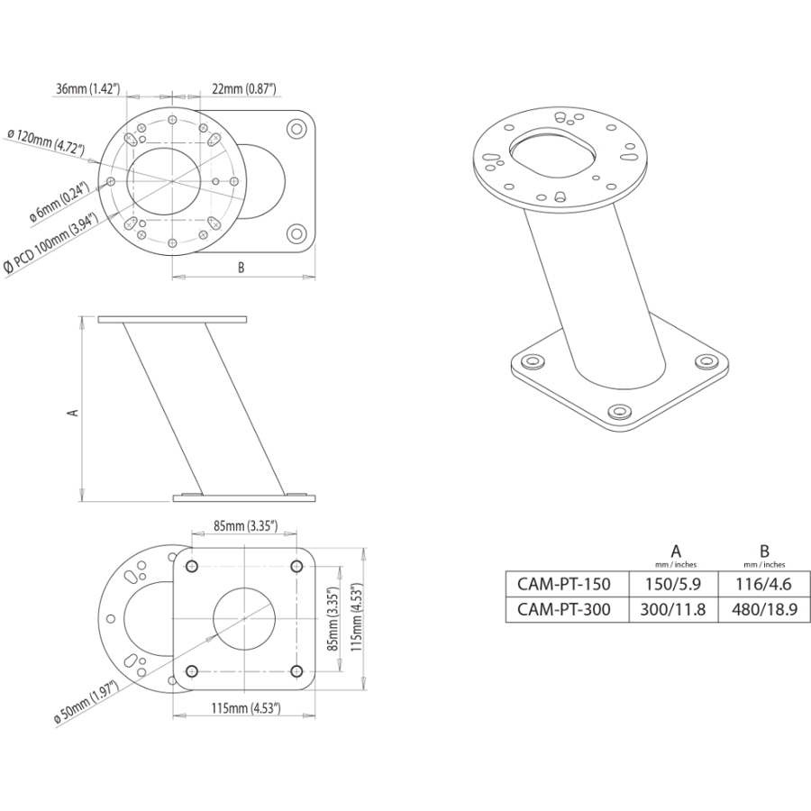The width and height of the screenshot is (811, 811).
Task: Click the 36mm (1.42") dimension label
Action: click(87, 88)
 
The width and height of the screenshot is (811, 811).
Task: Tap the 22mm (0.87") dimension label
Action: click(243, 88)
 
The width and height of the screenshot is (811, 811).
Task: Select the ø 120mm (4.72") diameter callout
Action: click(46, 145)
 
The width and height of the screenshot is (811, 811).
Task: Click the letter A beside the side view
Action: click(74, 410)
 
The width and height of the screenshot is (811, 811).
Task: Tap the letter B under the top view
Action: click(241, 268)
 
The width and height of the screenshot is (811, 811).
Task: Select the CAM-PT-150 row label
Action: click(563, 583)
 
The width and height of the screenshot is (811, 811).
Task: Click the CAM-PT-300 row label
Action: click(563, 609)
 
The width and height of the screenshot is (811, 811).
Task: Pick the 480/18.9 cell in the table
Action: click(763, 609)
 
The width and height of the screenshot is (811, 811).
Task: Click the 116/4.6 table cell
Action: click(763, 583)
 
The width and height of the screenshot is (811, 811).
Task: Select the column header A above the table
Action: click(676, 551)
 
